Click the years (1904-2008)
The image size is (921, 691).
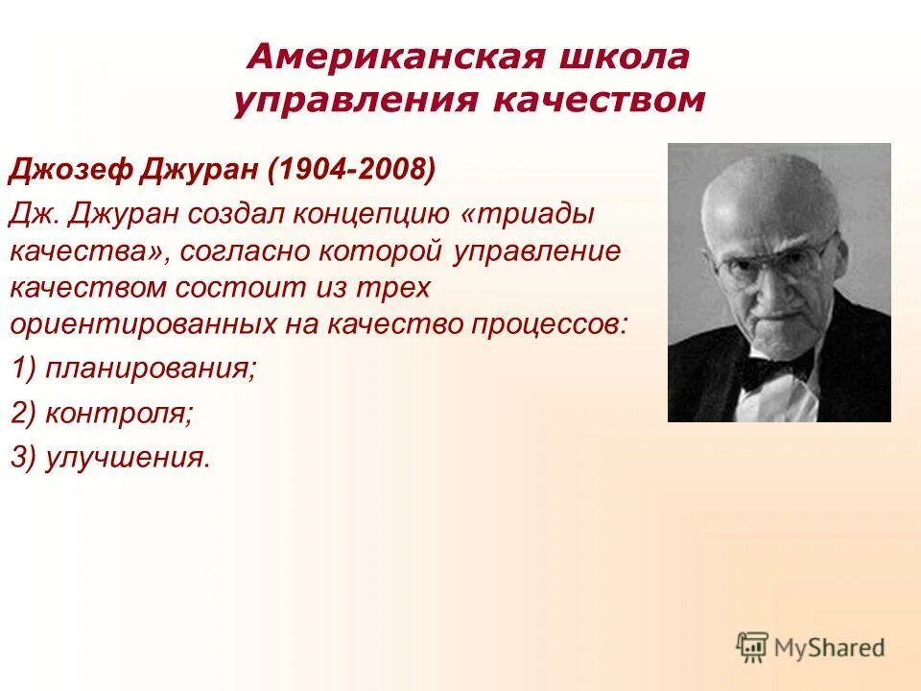point(353,173)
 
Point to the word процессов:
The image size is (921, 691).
point(550,323)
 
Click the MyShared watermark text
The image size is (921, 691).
point(831,648)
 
